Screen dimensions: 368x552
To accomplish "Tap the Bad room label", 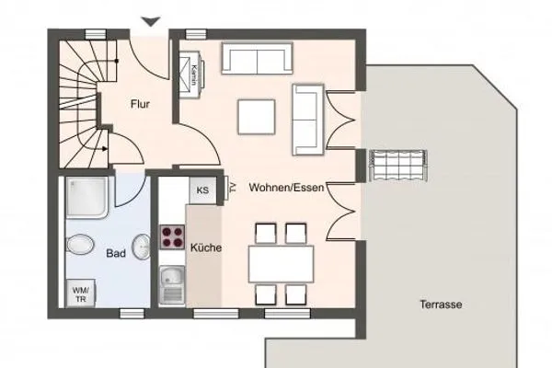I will coord(116,253).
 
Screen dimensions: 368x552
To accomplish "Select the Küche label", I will coord(204,247).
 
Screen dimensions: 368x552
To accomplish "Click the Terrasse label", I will coord(441,305).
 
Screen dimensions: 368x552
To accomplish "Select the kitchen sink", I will coord(172,282).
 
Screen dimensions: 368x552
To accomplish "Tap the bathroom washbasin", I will coord(143,247).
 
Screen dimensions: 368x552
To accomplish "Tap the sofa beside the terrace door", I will coord(308,119).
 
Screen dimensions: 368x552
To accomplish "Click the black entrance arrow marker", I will coord(151,21).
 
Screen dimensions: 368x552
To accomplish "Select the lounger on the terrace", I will coord(397,164).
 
